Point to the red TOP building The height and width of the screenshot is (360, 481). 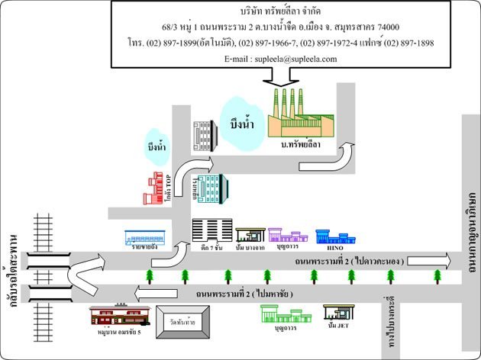click(x=157, y=189)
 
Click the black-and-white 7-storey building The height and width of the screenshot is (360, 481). click(x=211, y=230)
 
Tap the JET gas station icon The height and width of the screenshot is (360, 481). click(x=340, y=312)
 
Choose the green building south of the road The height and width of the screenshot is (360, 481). click(x=284, y=313)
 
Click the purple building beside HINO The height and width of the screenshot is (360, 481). click(x=289, y=234)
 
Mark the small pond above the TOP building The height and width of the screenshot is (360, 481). click(x=156, y=146)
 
